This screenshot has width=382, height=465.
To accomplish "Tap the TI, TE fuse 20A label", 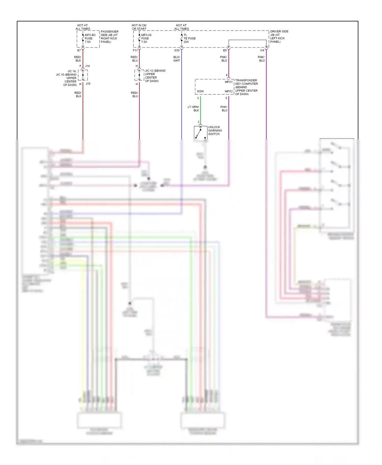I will [189, 38].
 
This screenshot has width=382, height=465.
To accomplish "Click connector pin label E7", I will [79, 50].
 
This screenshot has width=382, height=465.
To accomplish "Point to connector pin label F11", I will [135, 50].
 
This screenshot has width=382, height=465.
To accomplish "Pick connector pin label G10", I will [177, 50].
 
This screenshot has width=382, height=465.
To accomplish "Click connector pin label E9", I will [225, 50].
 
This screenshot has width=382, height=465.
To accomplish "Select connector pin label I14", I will [262, 50].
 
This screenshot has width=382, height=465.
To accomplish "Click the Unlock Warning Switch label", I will [215, 130].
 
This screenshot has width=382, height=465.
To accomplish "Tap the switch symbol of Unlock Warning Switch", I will [200, 133].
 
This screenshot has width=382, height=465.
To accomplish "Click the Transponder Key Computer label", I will [246, 87].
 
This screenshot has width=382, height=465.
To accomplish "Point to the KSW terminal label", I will [200, 91].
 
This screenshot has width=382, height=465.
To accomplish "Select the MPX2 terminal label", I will [228, 91].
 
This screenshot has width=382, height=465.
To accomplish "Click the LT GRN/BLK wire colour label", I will [193, 109].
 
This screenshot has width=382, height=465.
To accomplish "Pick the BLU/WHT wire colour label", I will [176, 59].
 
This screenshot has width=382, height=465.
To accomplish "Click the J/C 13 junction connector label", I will [155, 76].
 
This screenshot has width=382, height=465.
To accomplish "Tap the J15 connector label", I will [88, 84].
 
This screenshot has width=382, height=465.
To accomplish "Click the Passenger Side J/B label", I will [110, 37].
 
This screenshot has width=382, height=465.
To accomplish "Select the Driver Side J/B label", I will [279, 36].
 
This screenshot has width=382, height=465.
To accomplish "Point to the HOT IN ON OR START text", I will [139, 27].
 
